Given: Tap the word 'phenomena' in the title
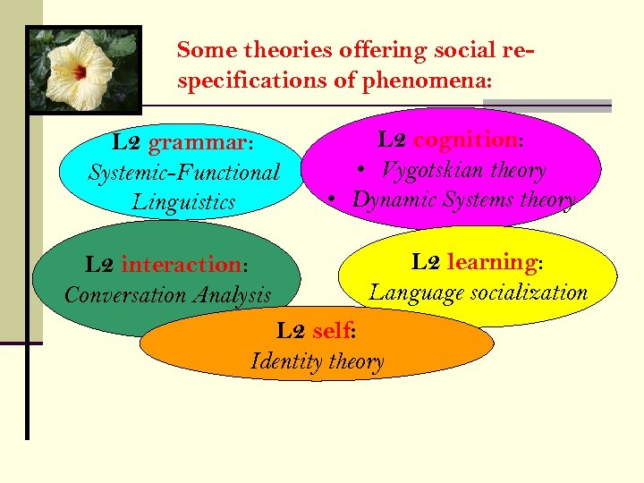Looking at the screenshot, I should tap(425, 81).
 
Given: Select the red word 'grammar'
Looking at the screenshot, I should tap(196, 143).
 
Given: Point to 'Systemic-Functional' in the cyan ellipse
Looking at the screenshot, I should tap(183, 172).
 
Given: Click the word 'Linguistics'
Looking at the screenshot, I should tap(183, 201).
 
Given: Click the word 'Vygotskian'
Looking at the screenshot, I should tap(430, 169).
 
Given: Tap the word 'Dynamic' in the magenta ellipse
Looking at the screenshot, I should tap(392, 199).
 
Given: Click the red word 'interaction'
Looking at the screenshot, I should tap(181, 265).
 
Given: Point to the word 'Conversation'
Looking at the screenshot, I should tap(121, 294).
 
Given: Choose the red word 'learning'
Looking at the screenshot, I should tap(491, 262).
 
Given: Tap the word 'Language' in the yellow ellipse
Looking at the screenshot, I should tap(412, 292).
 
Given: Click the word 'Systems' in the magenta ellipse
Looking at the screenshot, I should tap(473, 199).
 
